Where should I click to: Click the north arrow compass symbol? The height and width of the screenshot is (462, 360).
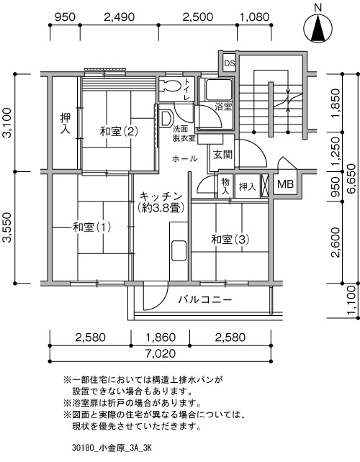point(318,29)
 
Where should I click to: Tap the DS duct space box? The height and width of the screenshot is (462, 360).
point(229,63)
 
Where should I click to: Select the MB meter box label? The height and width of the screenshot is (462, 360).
point(285,184)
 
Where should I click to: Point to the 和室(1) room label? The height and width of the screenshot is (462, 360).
point(91,227)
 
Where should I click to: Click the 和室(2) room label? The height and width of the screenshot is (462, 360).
point(119,131)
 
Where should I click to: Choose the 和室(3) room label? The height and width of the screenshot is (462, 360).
point(230,240)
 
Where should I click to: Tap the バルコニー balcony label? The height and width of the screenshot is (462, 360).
point(205,300)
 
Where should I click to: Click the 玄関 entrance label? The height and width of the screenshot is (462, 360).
point(223,155)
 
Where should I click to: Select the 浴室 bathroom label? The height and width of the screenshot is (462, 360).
point(223,107)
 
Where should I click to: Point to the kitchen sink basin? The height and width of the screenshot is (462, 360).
point(179,250)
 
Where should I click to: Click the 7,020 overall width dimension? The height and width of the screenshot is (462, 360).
point(160,353)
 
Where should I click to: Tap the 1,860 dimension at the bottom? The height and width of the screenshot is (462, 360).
point(161,338)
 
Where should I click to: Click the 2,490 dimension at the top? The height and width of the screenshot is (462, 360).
point(119,17)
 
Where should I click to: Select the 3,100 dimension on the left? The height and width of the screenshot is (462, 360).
point(6,122)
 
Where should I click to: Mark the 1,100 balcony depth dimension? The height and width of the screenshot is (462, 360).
point(354,300)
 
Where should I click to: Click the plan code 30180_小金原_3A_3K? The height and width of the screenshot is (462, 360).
point(112,448)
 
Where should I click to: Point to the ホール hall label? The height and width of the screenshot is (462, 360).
point(184,159)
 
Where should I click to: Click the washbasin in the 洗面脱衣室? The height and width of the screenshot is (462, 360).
point(166,119)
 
